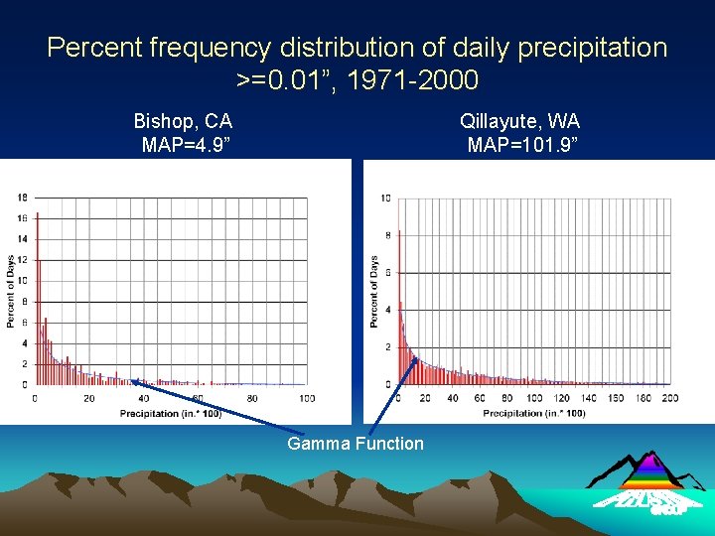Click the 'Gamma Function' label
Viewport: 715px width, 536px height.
click(356, 444)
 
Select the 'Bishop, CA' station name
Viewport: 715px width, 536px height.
click(183, 121)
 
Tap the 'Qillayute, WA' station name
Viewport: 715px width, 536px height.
click(519, 121)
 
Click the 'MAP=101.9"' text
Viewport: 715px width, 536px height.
click(519, 146)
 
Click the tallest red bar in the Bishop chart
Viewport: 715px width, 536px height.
click(37, 298)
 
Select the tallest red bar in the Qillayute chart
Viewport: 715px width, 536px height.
click(399, 308)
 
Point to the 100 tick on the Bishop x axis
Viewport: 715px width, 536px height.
click(306, 398)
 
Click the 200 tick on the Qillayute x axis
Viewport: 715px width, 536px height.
click(670, 398)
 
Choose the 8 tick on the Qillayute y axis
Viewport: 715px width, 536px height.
click(387, 235)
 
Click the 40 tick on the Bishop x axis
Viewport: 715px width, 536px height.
click(143, 398)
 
